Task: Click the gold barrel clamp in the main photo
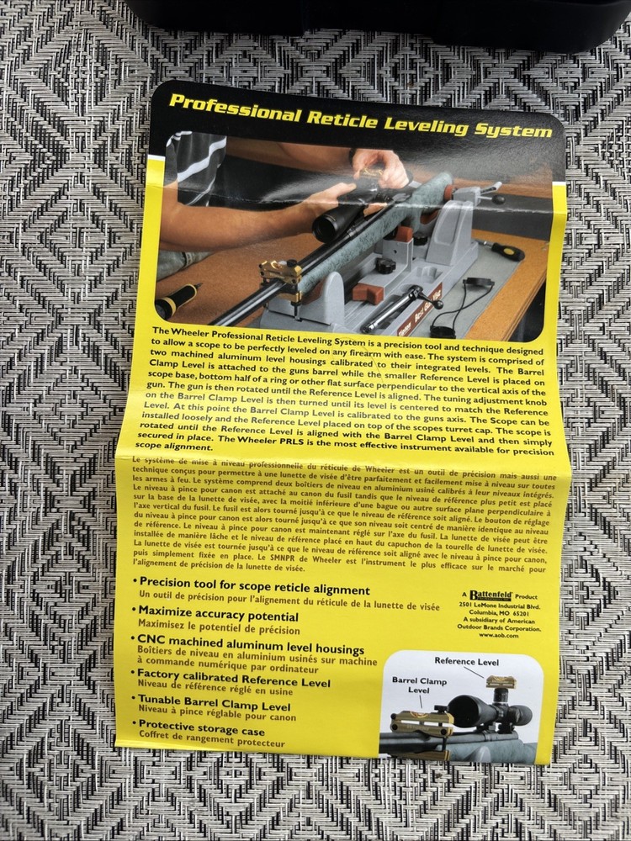281,273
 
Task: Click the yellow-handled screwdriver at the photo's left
176,300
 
